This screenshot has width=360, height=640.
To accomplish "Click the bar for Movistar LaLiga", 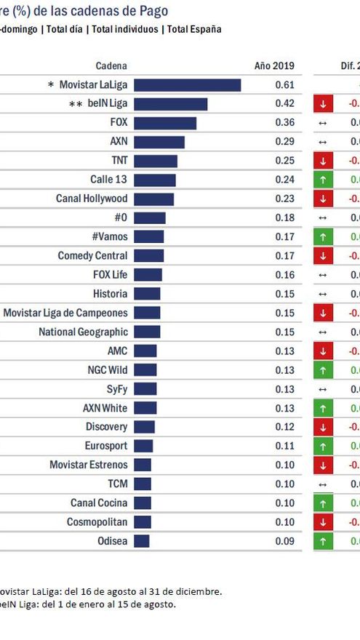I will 187,85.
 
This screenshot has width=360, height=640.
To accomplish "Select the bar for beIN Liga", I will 170,104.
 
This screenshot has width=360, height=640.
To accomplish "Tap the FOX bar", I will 164,123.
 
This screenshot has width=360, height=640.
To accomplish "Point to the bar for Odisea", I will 141,541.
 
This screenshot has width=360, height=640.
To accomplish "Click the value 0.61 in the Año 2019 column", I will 284,85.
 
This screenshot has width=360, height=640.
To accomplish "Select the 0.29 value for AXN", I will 284,142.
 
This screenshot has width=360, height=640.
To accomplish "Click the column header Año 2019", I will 273,65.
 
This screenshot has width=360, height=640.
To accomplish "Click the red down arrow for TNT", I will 323,161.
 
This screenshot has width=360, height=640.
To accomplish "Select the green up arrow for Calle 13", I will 323,180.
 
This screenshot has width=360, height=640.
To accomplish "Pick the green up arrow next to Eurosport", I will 323,446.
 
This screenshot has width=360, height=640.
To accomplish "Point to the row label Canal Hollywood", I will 92,199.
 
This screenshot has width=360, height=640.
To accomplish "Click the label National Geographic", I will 83,332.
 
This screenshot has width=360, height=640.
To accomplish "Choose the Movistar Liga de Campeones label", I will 65,313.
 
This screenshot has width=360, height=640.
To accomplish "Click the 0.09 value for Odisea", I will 284,541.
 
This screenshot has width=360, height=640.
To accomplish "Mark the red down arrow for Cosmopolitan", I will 323,522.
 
